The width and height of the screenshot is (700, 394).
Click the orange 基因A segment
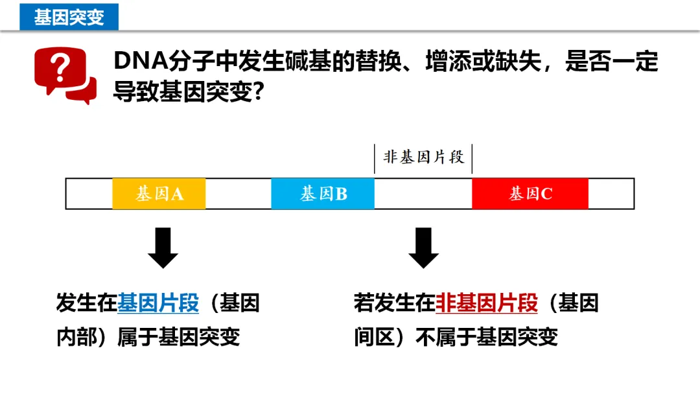pos(159,193)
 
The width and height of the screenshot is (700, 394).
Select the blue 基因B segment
pos(322,193)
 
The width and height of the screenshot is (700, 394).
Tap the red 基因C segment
pos(530,193)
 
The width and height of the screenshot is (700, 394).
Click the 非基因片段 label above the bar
pos(424,157)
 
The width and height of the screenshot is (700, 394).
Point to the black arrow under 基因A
pos(163,247)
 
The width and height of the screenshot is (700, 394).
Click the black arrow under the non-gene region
pos(423,247)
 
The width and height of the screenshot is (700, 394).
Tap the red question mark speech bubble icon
pos(64,75)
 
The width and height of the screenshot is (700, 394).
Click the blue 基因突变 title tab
pos(69,16)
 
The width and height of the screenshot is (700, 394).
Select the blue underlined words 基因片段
pos(158,303)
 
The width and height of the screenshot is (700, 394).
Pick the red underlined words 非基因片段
pos(487,303)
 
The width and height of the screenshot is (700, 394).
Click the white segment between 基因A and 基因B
pos(238,193)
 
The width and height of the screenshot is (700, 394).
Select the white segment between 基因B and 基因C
pos(423,193)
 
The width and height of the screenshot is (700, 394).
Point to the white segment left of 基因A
pos(89,193)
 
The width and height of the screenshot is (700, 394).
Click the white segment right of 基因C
pos(611,193)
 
